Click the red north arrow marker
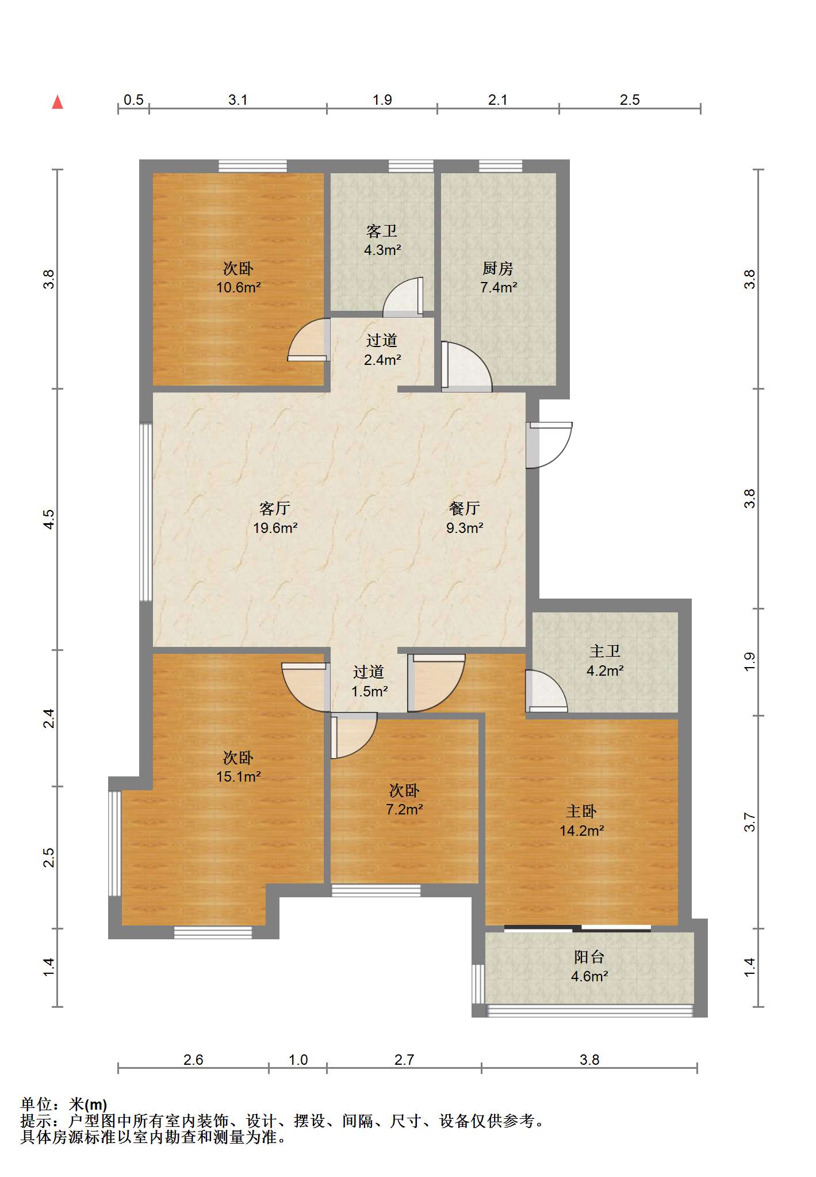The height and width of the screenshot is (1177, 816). click(x=58, y=102)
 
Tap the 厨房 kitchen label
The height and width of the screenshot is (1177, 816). click(x=498, y=277)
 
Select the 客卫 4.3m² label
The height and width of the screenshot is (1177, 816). click(x=382, y=240)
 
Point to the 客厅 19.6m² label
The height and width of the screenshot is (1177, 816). click(x=275, y=517)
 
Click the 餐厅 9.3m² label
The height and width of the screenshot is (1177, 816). click(x=465, y=517)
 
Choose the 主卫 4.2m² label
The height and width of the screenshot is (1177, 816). click(x=605, y=661)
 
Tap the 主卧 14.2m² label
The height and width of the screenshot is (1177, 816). click(x=581, y=821)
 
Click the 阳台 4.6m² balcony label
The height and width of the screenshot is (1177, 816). click(x=589, y=966)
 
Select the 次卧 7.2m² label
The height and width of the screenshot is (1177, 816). click(x=404, y=799)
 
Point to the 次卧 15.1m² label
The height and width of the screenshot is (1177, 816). click(x=239, y=767)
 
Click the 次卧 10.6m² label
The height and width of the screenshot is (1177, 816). click(x=239, y=277)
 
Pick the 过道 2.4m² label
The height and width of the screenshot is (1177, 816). click(x=382, y=350)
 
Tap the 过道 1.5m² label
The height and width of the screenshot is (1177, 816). click(x=369, y=681)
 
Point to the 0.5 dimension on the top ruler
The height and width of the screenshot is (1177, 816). click(x=133, y=100)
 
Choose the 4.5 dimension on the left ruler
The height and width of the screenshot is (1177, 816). click(x=49, y=519)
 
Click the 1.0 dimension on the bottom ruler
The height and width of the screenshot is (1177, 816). click(x=298, y=1060)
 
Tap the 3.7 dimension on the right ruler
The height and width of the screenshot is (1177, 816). click(x=749, y=822)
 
